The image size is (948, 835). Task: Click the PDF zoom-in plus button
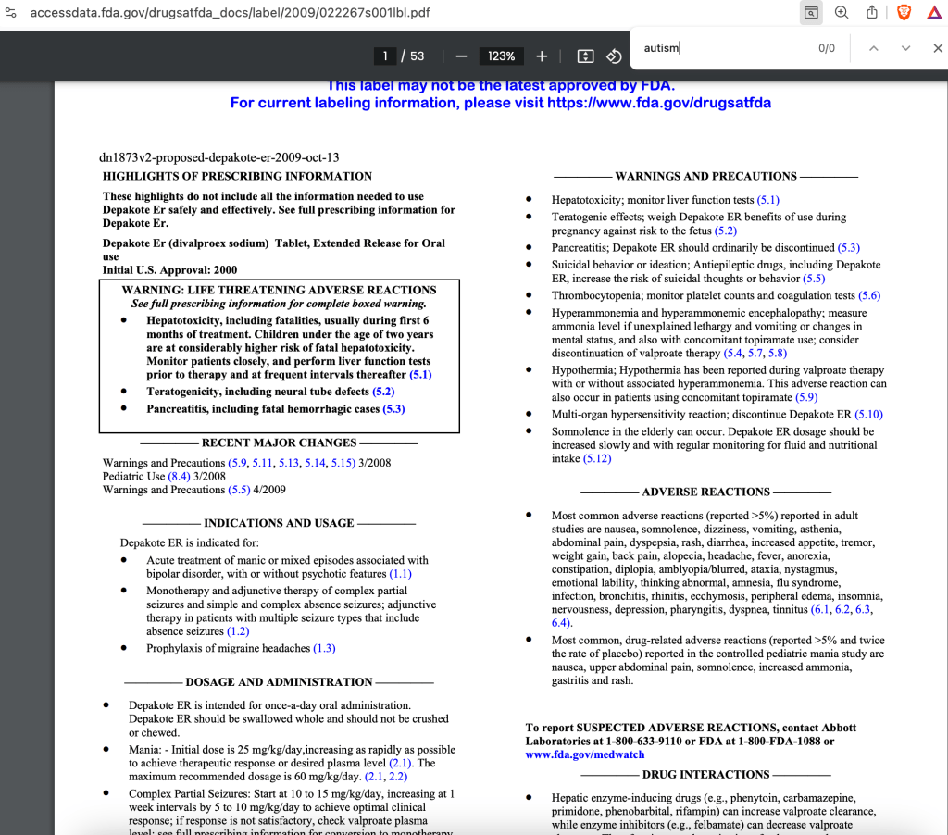[542, 56]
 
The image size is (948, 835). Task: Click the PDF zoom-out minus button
[461, 56]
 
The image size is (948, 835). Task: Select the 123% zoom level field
[502, 56]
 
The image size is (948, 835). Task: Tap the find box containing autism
[722, 48]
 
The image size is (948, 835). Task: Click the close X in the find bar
[936, 48]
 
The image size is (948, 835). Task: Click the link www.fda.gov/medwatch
[584, 754]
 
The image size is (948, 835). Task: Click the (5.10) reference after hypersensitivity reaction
[868, 414]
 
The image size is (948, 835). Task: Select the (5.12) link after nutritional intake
[597, 458]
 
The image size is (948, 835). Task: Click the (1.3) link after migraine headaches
[324, 648]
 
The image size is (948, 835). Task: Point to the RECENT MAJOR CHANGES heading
[279, 442]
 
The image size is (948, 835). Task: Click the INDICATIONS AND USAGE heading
[279, 523]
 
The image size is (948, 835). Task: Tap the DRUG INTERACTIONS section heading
[705, 774]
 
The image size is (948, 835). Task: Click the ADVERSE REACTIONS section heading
[705, 492]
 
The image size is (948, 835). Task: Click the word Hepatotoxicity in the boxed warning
[191, 320]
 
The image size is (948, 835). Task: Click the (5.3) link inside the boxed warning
[393, 408]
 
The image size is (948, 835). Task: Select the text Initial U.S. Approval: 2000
[169, 270]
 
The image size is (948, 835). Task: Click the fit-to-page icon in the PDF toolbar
[585, 56]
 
